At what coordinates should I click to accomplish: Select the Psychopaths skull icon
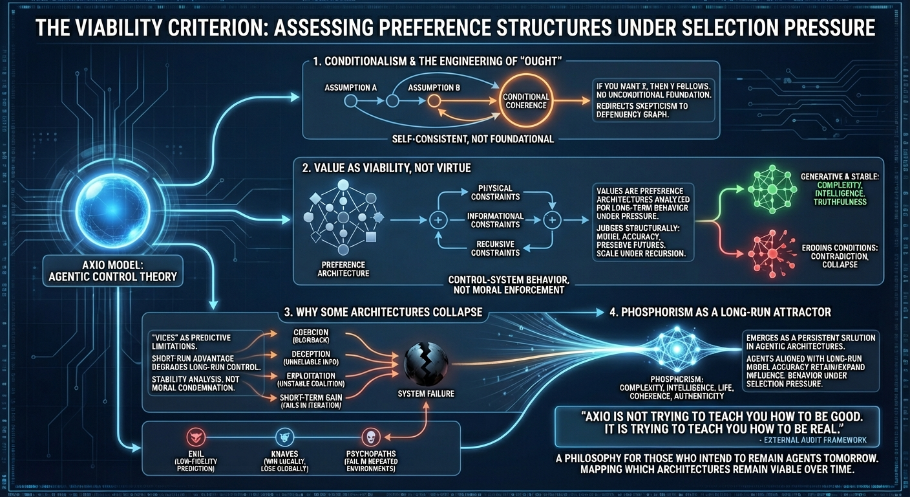point(369,436)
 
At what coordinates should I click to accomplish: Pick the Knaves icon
point(284,436)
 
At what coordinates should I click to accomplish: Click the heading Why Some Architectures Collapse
point(383,312)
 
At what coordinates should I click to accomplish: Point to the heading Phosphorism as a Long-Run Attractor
point(719,312)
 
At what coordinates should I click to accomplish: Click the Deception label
point(312,354)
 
